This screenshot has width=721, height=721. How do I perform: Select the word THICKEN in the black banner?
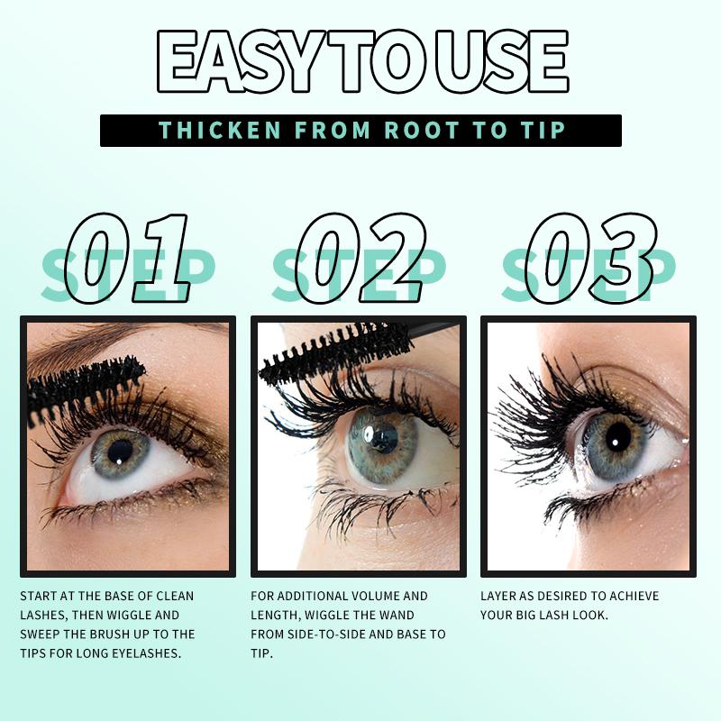pos(220,130)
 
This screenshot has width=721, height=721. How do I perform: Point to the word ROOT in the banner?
pos(422,130)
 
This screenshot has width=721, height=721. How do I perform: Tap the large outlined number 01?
pos(128,258)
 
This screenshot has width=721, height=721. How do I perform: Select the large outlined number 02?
pos(360,258)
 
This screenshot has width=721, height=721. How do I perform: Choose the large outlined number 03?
pos(591,258)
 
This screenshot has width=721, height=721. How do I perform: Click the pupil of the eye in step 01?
pos(120,452)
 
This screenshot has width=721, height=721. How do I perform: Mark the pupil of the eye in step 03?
pos(618,437)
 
